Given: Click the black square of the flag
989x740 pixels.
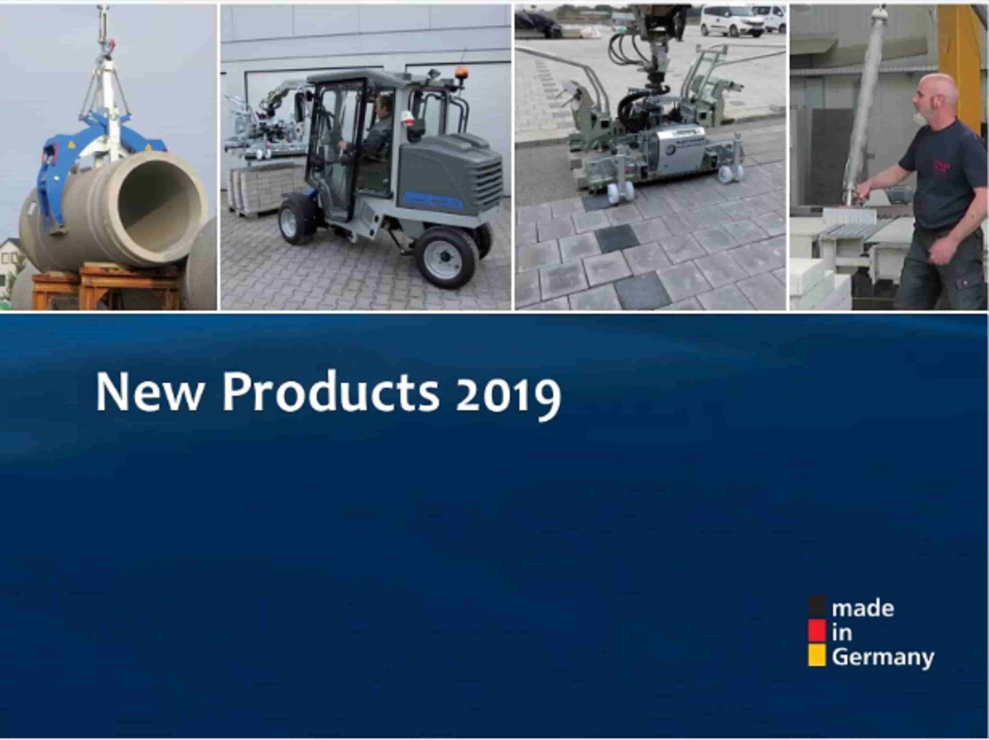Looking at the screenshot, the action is point(817,606).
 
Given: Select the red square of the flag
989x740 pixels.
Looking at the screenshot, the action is point(817,631).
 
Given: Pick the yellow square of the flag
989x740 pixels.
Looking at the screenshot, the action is point(817,655).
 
